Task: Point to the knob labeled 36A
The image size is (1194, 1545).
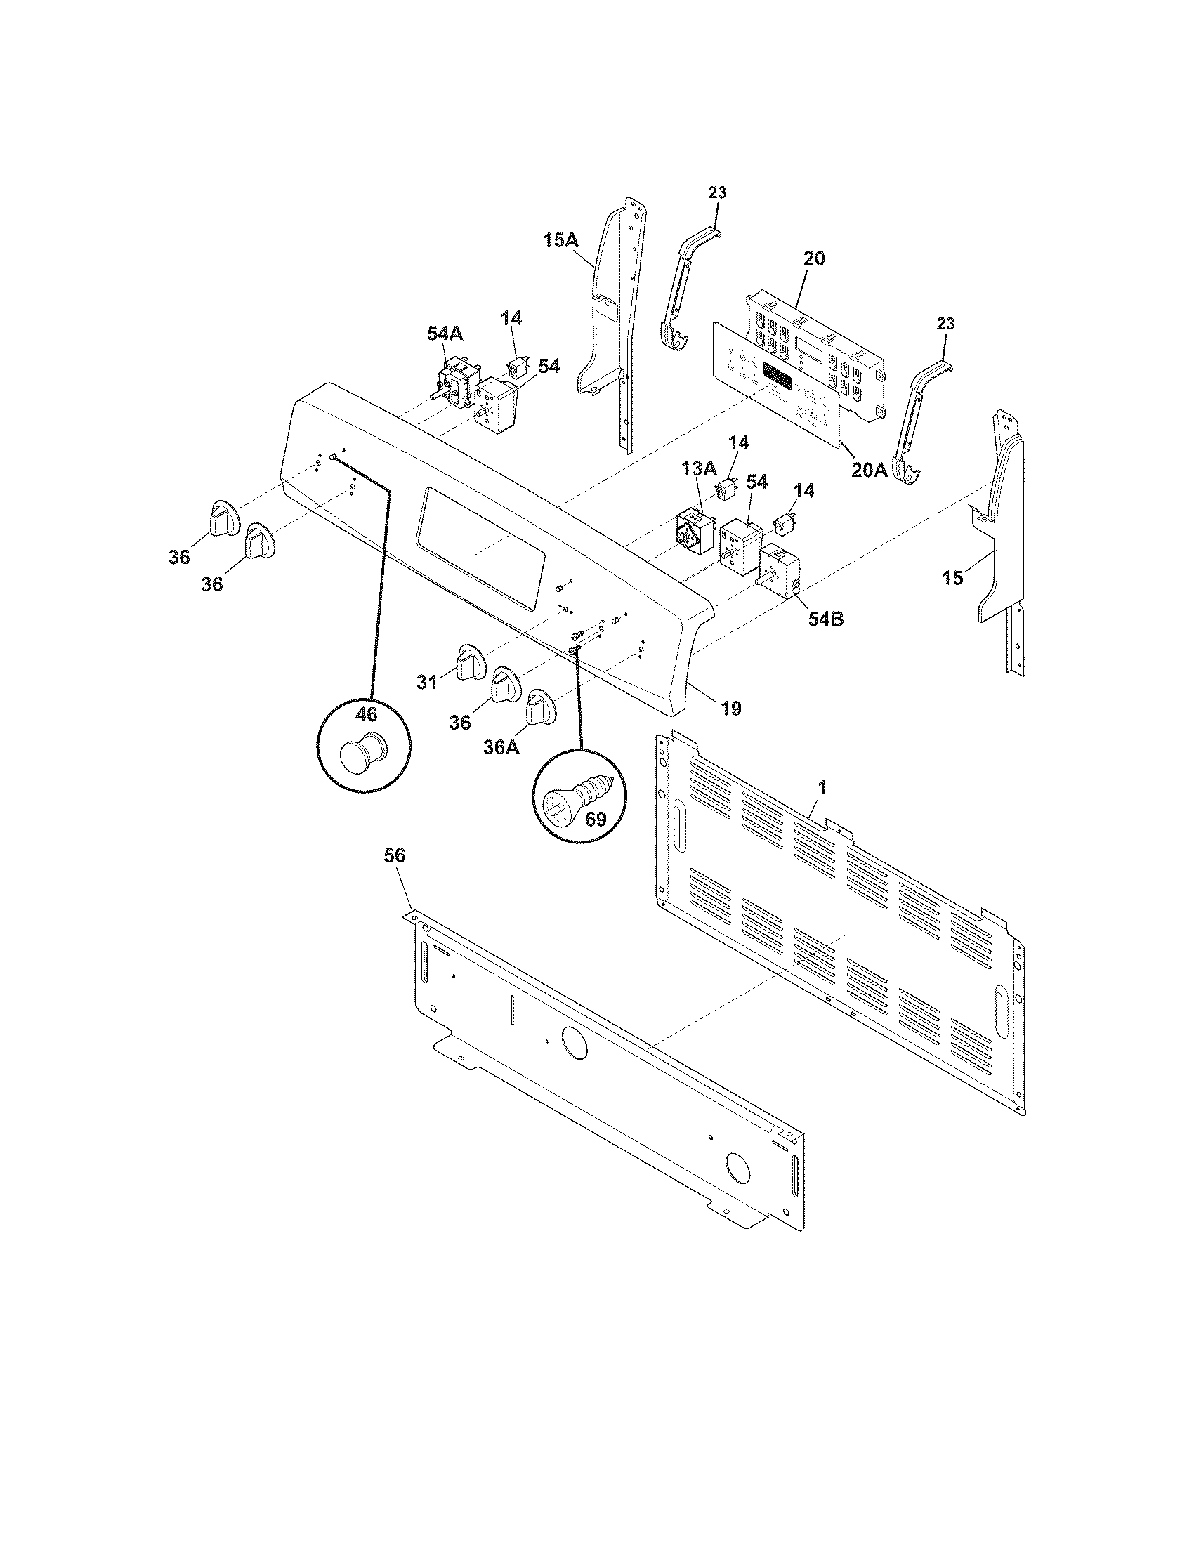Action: click(x=541, y=707)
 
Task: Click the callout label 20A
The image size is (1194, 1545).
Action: click(x=869, y=469)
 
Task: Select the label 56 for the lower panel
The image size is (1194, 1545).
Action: click(x=394, y=856)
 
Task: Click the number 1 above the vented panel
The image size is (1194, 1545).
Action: click(x=822, y=786)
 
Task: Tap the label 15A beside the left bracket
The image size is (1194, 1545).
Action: click(x=560, y=240)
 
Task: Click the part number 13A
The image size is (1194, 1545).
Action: click(x=698, y=467)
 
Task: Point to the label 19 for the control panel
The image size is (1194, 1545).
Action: click(x=730, y=707)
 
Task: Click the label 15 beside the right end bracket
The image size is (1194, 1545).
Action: click(x=952, y=578)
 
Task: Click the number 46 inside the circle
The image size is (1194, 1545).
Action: click(x=366, y=714)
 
